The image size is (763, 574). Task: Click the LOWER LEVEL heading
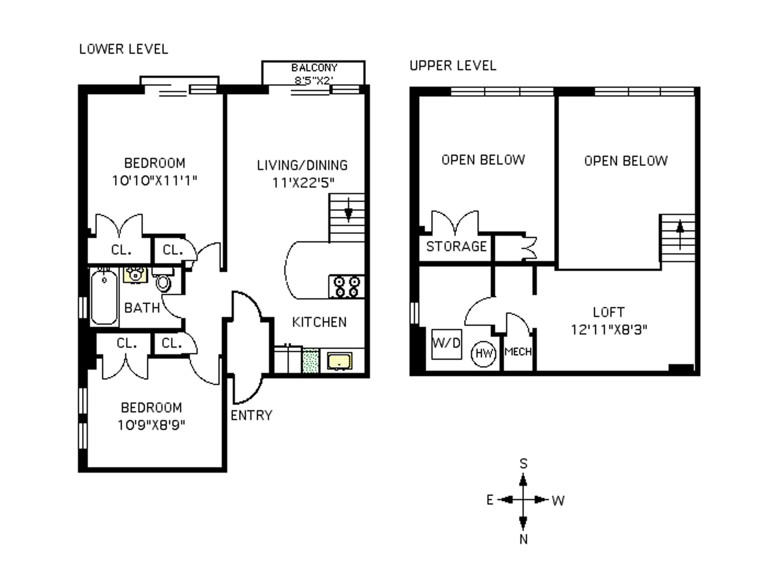124,49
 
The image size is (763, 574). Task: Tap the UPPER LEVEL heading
453,66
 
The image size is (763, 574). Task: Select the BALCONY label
314,68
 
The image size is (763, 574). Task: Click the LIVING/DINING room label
302,165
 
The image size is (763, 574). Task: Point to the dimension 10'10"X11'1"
155,181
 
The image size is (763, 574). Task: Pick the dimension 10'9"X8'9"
151,425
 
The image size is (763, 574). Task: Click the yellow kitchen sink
339,361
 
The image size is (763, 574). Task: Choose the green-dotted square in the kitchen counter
311,361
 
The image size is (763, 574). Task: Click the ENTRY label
252,416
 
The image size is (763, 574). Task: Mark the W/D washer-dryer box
447,344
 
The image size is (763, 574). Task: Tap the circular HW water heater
484,353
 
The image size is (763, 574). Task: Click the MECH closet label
518,352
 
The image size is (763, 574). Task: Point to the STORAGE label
456,247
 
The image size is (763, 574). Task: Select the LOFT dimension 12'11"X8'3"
609,330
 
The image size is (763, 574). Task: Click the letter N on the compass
523,539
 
